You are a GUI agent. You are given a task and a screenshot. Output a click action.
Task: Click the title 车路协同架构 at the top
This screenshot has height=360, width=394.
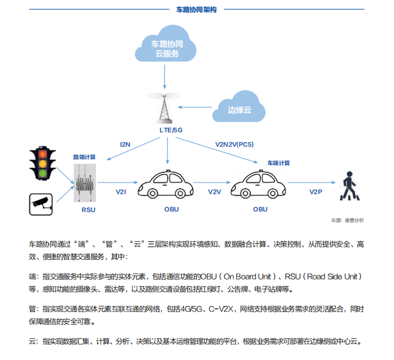coord(196,10)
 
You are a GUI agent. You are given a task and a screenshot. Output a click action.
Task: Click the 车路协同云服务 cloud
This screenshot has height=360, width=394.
coord(164,48)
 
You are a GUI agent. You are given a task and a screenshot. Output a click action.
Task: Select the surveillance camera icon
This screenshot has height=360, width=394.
coord(41,203)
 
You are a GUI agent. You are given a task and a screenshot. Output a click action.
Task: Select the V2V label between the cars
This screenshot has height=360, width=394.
coord(214,192)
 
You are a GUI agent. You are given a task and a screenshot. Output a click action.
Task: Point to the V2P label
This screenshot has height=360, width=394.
coord(315,192)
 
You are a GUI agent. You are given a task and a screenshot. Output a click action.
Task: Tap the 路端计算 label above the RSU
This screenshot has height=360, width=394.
coord(84,157)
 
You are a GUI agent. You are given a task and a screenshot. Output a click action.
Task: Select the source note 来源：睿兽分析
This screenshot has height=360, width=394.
coord(347,220)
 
